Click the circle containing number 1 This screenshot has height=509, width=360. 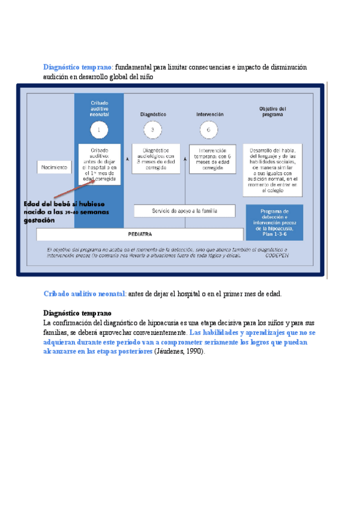[99, 130]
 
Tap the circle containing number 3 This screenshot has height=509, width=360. [152, 130]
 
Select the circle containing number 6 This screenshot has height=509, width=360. [209, 130]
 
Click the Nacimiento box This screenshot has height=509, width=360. [55, 166]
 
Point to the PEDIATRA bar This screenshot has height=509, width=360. [139, 234]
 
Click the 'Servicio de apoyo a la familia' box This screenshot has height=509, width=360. [185, 211]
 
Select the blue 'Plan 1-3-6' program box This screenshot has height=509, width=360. [275, 223]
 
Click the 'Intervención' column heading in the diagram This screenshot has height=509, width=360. [209, 114]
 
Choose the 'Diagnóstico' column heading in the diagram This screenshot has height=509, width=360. [153, 114]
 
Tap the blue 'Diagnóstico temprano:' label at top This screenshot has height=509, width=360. [78, 67]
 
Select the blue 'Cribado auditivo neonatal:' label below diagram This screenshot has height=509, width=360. [85, 294]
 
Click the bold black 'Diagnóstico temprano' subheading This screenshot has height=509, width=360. [77, 313]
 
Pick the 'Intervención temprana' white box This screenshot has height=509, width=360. [212, 159]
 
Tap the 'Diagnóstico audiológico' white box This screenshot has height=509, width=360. [155, 159]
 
